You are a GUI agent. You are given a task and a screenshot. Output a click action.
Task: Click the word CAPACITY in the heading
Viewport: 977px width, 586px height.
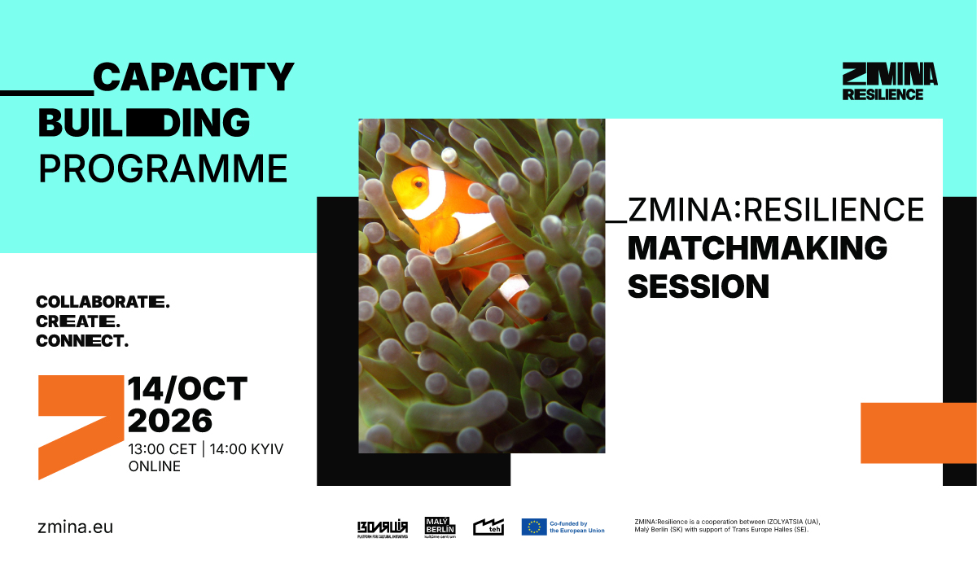(x=194, y=77)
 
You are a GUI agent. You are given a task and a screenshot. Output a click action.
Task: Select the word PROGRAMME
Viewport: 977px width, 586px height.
(x=163, y=168)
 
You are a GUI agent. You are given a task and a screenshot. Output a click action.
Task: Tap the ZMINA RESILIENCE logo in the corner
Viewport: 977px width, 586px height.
(x=890, y=81)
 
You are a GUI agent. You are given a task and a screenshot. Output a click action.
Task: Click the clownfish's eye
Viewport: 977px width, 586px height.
(x=418, y=184)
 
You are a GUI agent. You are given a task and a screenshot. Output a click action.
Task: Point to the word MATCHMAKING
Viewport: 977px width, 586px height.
(x=757, y=248)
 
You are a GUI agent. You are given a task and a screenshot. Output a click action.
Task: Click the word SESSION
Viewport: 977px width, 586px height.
(x=699, y=286)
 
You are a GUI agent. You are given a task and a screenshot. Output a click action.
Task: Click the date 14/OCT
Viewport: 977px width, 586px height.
(x=187, y=388)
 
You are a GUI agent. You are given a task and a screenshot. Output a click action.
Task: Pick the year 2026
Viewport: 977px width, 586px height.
(x=170, y=421)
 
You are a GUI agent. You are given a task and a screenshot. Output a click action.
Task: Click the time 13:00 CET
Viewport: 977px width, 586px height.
(x=162, y=449)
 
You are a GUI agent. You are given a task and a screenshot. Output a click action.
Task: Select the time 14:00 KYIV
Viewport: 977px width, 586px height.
(x=247, y=449)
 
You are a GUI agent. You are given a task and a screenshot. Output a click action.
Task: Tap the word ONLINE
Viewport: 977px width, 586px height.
(x=155, y=466)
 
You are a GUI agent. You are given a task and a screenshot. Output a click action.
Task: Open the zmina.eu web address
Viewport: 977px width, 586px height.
(x=76, y=527)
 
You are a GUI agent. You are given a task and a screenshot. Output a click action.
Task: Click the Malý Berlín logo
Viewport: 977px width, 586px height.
(x=440, y=527)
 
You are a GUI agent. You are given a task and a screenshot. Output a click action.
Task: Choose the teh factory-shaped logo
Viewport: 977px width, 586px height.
(x=488, y=527)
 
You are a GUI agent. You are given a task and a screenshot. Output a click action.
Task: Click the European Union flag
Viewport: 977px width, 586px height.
(x=534, y=527)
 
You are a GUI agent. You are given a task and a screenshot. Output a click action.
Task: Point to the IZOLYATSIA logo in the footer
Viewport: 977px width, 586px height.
(x=383, y=529)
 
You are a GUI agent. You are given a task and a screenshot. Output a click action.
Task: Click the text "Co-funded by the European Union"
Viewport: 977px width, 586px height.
(x=577, y=527)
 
